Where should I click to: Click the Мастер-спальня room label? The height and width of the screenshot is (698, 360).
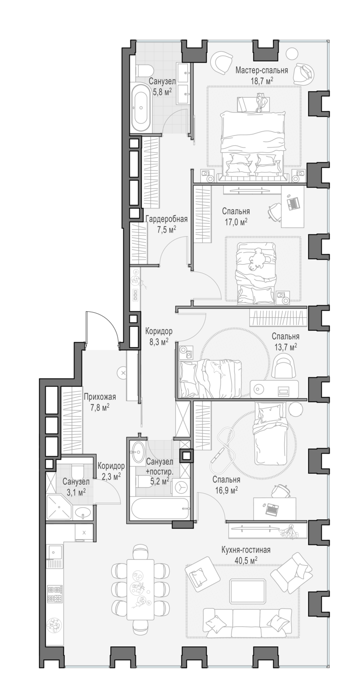coord(261,71)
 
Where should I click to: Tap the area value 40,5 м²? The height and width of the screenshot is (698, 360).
coord(247,560)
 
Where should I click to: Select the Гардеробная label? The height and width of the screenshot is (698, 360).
coord(160,220)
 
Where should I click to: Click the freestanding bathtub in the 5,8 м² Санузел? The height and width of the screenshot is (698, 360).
coord(140,107)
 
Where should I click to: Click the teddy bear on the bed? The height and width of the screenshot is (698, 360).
coord(256,259)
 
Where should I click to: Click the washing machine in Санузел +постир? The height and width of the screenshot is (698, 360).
coord(180,487)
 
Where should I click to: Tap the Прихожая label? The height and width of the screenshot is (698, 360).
coord(100,397)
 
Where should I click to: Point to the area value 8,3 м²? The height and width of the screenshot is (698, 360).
coord(159,341)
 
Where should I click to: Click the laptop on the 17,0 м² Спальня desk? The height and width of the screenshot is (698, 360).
coord(294,203)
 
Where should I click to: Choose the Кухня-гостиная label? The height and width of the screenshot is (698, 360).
coord(246,550)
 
